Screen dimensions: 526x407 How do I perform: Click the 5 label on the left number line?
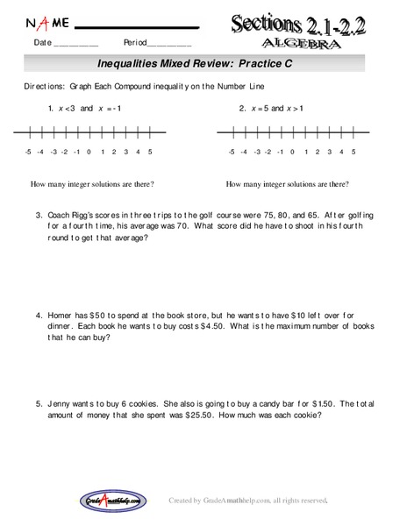tap(150, 152)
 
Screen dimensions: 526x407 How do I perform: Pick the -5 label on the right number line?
tap(230, 152)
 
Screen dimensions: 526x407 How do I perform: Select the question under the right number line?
tap(287, 184)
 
